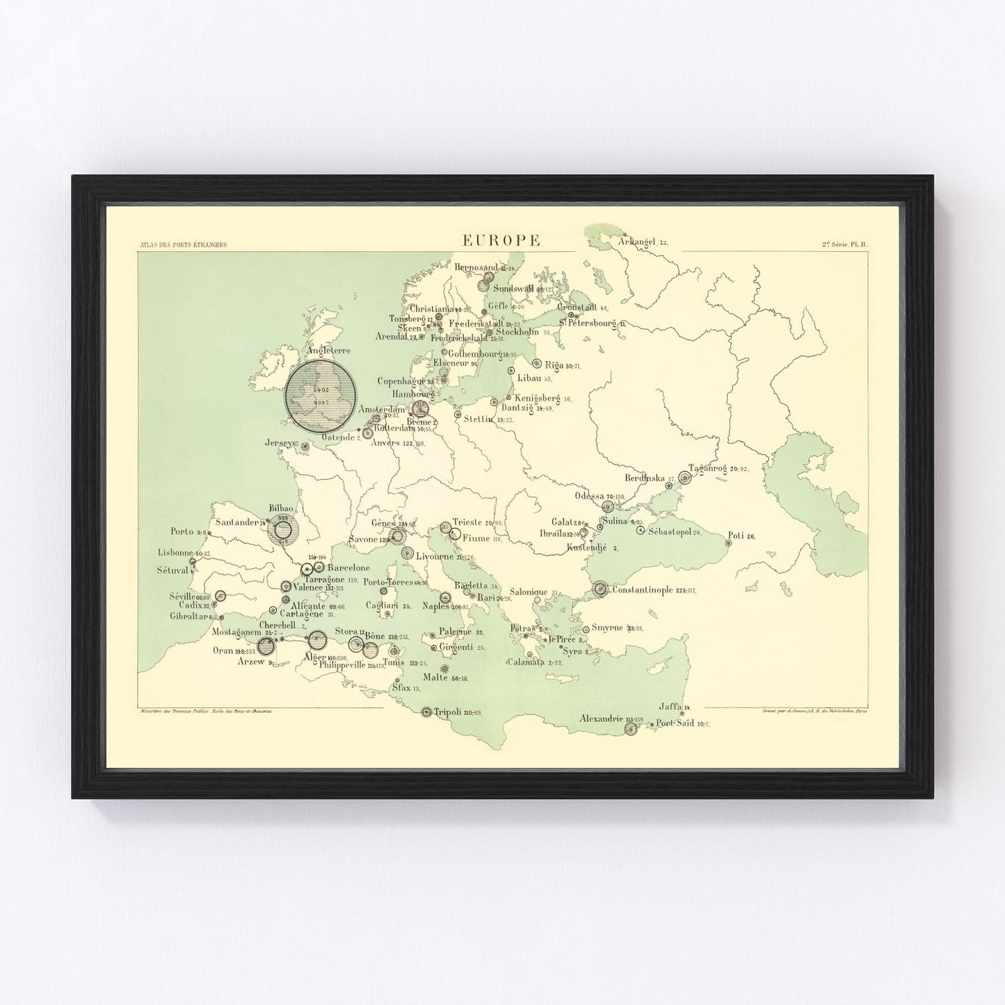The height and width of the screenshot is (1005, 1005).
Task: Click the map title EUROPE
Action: point(501,240)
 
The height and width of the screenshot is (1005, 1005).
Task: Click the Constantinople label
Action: point(642,590)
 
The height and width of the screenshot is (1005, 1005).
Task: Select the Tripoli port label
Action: point(448,711)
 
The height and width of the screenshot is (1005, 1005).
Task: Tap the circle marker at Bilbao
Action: point(282,531)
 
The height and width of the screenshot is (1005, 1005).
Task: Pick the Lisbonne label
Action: point(175,553)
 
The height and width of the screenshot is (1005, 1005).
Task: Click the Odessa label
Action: point(589,496)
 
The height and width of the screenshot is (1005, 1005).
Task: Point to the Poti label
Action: point(735,536)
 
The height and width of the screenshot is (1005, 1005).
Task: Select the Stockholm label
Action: point(517,332)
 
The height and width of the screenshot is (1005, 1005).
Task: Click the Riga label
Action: point(554,364)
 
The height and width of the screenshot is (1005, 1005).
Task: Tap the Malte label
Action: point(435,677)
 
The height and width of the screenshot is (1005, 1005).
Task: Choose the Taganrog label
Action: point(707,468)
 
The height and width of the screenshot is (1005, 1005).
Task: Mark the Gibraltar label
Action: point(188,616)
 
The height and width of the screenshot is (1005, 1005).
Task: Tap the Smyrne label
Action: point(607,627)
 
